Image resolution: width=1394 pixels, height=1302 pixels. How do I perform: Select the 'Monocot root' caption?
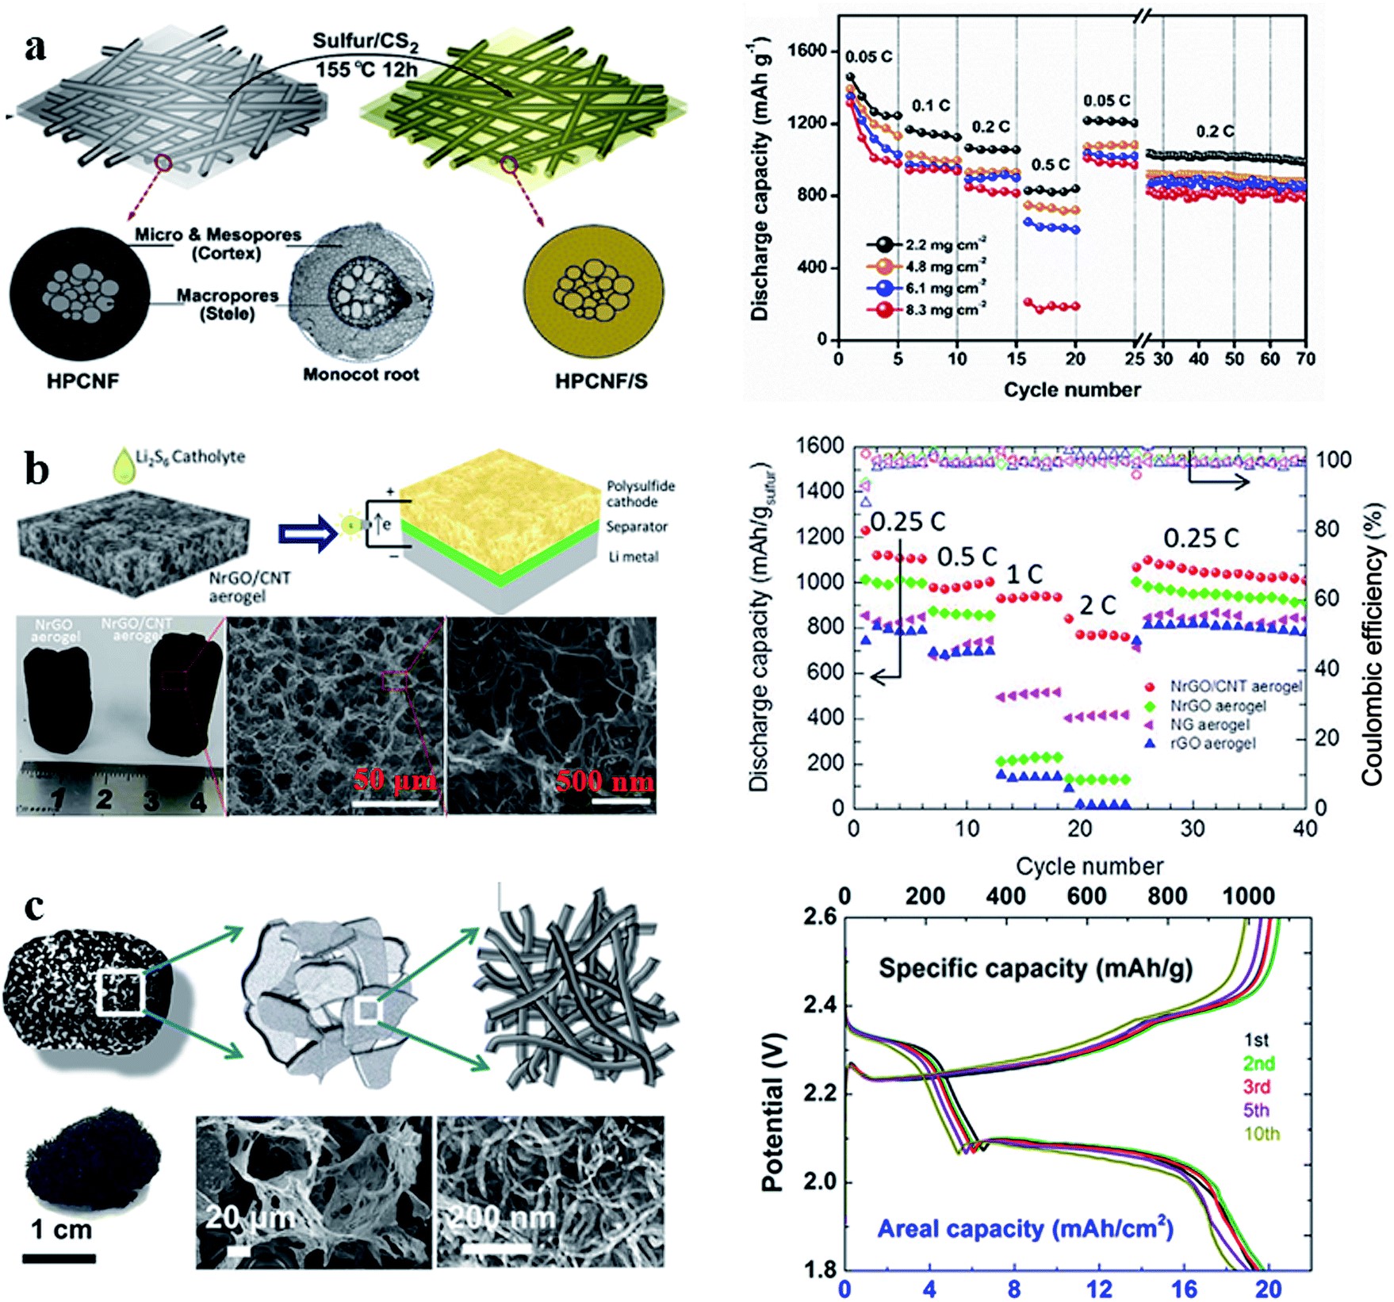pyautogui.click(x=361, y=374)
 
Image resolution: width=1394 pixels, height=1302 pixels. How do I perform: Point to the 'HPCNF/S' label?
pyautogui.click(x=601, y=381)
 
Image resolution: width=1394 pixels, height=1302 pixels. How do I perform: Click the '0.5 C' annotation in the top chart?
pyautogui.click(x=1051, y=165)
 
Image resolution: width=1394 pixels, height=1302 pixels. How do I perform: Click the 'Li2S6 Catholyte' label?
pyautogui.click(x=190, y=457)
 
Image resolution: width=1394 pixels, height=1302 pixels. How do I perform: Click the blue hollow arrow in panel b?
pyautogui.click(x=308, y=532)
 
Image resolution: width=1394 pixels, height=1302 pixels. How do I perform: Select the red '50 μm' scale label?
pyautogui.click(x=394, y=780)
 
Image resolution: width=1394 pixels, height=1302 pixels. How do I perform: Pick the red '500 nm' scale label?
pyautogui.click(x=605, y=782)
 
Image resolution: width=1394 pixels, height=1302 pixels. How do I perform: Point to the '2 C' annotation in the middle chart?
pyautogui.click(x=1097, y=606)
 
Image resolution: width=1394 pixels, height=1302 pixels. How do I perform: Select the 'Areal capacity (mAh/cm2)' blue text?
pyautogui.click(x=1025, y=1228)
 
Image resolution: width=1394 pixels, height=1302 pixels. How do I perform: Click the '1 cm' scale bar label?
pyautogui.click(x=61, y=1230)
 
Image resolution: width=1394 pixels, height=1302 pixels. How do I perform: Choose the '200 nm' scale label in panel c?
pyautogui.click(x=502, y=1217)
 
